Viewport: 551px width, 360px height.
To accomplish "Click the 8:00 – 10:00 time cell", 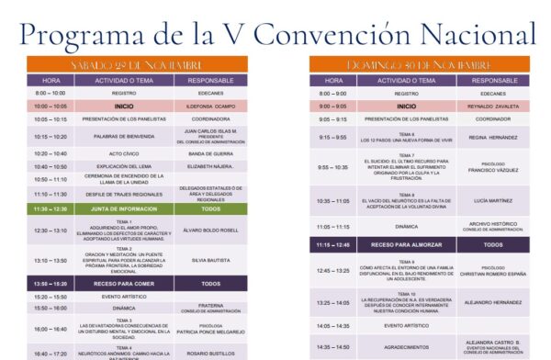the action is point(51,93).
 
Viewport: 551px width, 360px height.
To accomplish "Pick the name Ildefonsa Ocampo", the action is point(210,106).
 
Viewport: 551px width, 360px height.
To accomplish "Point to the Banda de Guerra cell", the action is point(210,153).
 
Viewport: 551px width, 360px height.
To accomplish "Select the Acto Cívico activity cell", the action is point(123,153).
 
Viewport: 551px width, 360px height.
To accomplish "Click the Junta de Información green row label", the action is point(123,208).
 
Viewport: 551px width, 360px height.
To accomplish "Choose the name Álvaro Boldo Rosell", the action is point(210,230).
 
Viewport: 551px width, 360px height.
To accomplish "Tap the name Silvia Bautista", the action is point(210,260).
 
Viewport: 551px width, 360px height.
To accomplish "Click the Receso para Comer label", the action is point(123,284).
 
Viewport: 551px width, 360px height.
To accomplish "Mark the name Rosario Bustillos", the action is point(210,354).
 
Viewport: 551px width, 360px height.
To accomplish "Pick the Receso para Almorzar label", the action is point(406,245).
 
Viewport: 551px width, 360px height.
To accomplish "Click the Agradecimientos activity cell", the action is point(406,346).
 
